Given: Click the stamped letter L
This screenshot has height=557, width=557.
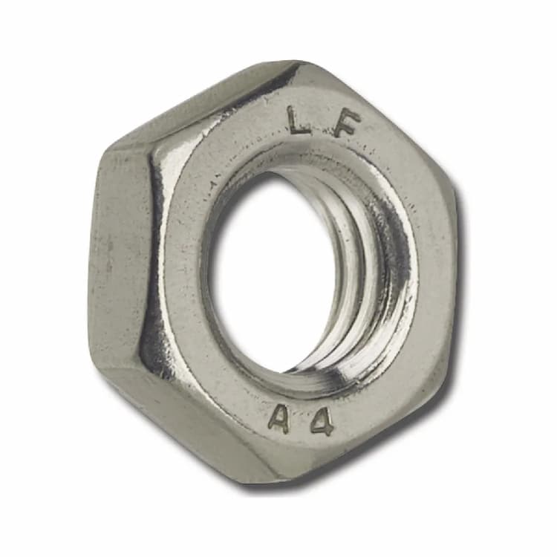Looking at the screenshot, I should [x=299, y=120].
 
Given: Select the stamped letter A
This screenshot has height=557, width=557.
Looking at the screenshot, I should [x=278, y=420].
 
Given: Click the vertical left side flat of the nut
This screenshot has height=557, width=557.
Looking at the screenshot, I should [x=119, y=253].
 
